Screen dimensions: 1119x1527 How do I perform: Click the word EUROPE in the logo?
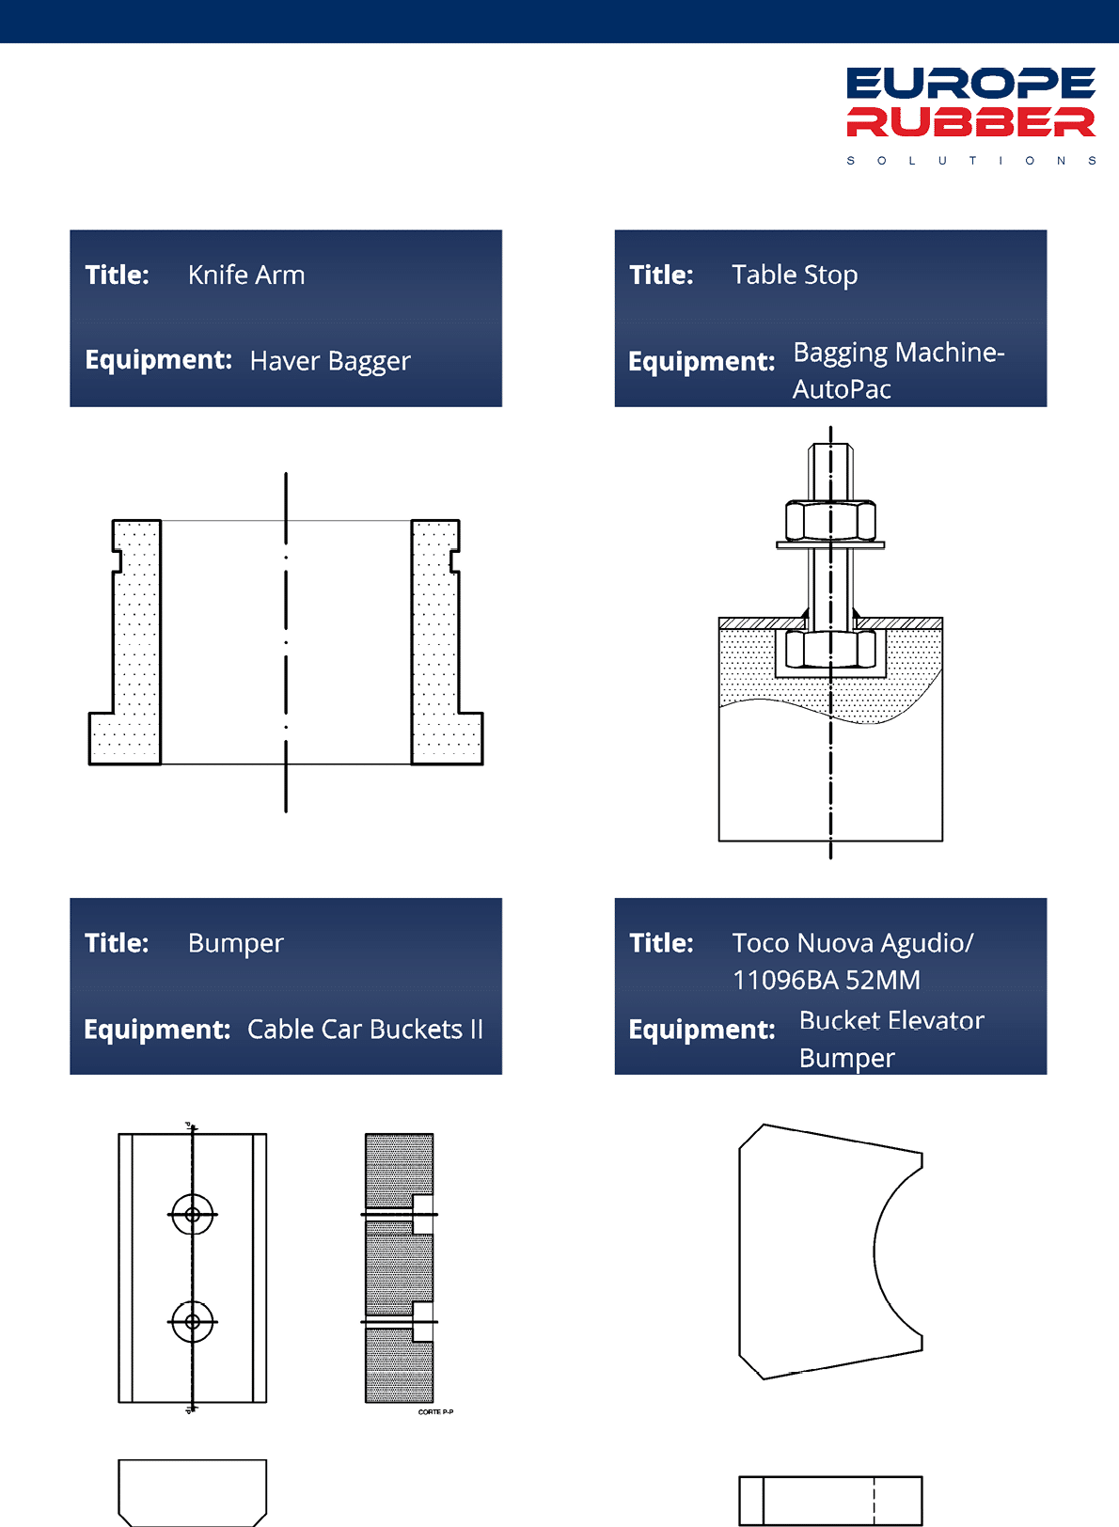click(970, 83)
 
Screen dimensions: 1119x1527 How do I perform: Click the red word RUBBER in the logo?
click(970, 121)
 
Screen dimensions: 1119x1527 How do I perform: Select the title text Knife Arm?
click(246, 275)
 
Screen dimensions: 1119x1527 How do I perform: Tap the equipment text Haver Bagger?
click(330, 361)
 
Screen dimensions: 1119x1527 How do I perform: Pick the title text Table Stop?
click(795, 275)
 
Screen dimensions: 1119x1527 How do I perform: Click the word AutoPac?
click(842, 389)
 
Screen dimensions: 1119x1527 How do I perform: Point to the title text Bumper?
click(235, 943)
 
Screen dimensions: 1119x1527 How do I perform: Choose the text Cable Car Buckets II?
click(365, 1030)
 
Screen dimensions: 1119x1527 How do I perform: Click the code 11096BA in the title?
click(785, 981)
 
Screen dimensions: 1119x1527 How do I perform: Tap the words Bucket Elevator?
click(891, 1020)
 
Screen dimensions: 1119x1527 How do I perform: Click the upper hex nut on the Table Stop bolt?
click(830, 522)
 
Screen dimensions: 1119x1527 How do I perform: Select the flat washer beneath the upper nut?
click(830, 544)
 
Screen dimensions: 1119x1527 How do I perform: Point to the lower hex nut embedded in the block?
click(830, 649)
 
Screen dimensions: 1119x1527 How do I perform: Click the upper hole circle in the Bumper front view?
click(192, 1214)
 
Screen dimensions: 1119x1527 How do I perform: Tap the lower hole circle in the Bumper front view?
click(192, 1322)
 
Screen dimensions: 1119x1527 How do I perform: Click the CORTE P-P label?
click(435, 1411)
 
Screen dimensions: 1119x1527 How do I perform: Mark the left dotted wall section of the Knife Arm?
click(125, 642)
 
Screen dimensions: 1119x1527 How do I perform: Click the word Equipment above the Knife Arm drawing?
click(158, 360)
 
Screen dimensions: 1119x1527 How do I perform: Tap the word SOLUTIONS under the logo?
click(971, 161)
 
